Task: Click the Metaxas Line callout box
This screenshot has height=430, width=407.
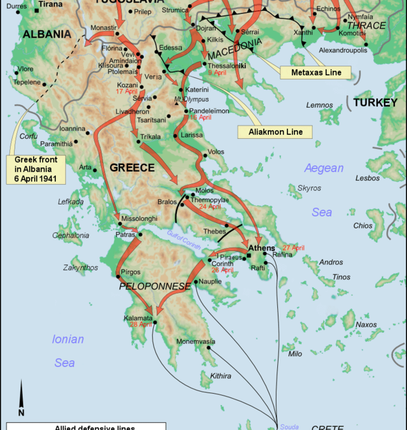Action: pos(316,73)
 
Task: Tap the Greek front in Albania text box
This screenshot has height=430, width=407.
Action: pos(36,169)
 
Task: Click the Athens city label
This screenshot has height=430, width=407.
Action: pos(261,248)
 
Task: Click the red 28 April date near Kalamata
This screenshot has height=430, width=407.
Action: pos(140,324)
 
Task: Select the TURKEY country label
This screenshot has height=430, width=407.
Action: pos(375,102)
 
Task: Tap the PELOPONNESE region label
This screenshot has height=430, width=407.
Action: pos(155,287)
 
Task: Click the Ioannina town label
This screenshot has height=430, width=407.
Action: pos(72,128)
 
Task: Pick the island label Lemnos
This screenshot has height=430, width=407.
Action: pos(319,105)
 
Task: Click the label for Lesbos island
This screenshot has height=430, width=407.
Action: pos(368,178)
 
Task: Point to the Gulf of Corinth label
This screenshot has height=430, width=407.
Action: pos(184,240)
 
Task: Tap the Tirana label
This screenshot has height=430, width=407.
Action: pos(50,4)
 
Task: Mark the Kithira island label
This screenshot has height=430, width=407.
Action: pos(221,376)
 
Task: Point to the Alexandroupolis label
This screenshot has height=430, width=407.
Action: pos(343,49)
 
